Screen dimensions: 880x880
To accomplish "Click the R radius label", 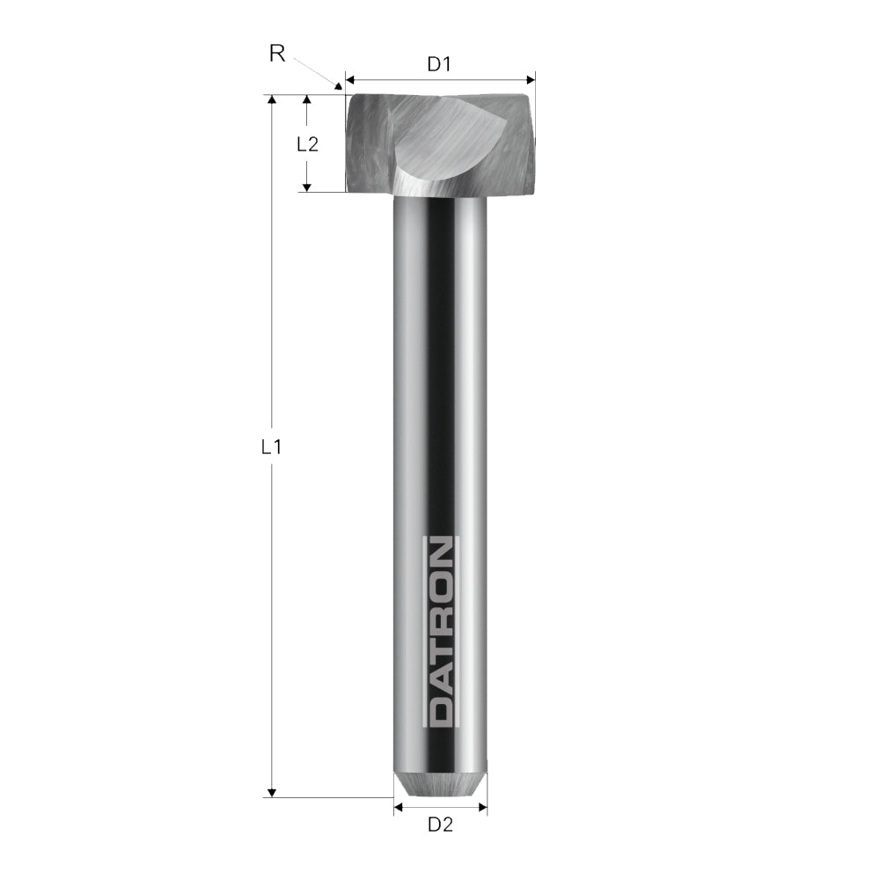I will pyautogui.click(x=277, y=54).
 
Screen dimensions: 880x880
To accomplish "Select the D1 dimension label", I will pyautogui.click(x=439, y=64).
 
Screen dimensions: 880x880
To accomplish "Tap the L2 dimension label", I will pyautogui.click(x=307, y=144).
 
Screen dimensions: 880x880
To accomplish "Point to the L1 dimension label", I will pyautogui.click(x=272, y=447).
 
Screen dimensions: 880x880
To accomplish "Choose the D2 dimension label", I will pyautogui.click(x=440, y=825).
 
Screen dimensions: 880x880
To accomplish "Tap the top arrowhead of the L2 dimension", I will pyautogui.click(x=307, y=100).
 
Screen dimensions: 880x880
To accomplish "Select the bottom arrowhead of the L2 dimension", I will pyautogui.click(x=307, y=186).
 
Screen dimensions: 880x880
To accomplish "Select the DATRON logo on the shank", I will pyautogui.click(x=440, y=632).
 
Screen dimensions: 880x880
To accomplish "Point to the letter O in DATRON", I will pyautogui.click(x=440, y=585).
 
